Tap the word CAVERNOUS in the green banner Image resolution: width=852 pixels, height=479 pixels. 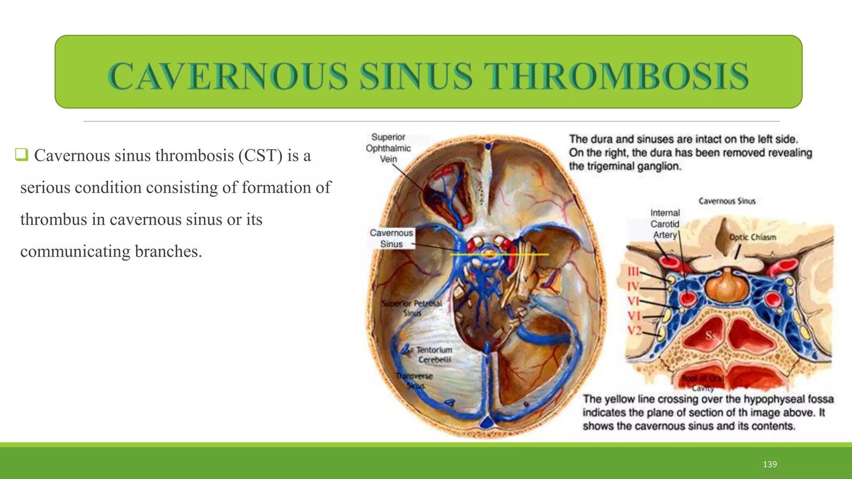[x=228, y=76]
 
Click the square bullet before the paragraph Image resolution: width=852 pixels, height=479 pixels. [x=22, y=155]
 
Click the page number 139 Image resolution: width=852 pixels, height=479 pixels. [x=770, y=464]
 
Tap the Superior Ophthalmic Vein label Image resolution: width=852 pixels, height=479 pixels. [x=388, y=148]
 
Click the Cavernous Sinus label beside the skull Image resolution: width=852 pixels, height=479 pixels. [x=391, y=238]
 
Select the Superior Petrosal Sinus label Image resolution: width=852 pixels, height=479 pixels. [x=412, y=308]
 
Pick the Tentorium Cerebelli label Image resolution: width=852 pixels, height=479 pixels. [x=434, y=355]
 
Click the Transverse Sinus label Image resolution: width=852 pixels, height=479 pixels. [x=414, y=381]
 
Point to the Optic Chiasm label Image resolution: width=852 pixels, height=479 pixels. [x=752, y=237]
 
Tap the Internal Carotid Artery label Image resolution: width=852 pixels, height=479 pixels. [x=664, y=224]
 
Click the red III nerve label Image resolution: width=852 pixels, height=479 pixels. [x=633, y=272]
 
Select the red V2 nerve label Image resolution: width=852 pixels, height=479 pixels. [x=634, y=331]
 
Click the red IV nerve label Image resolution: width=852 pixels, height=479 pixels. [x=633, y=286]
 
